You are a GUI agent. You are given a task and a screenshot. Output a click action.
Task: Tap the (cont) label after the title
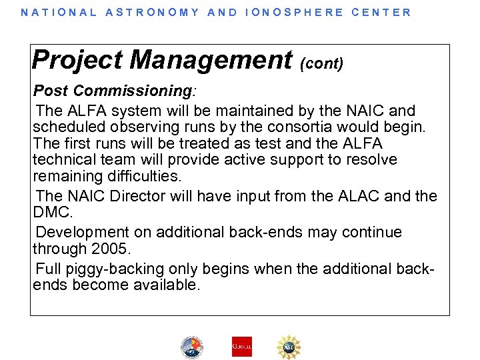322,63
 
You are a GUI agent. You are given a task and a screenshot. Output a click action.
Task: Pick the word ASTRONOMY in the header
152,12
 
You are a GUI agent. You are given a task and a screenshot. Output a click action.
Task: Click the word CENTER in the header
381,12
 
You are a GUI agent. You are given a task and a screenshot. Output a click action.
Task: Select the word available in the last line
163,285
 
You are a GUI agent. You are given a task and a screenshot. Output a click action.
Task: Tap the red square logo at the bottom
241,347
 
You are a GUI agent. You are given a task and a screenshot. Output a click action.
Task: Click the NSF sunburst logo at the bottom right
289,347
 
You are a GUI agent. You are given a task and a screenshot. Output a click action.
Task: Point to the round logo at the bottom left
191,347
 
